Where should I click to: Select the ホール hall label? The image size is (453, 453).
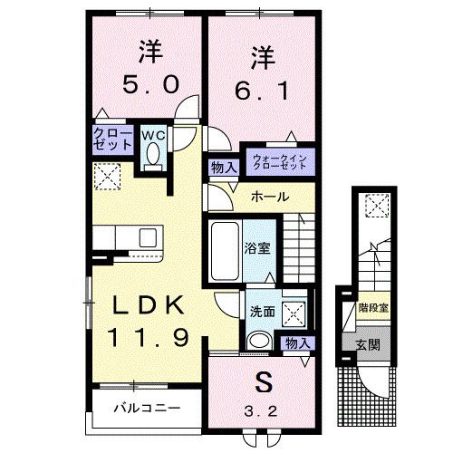pyautogui.click(x=270, y=197)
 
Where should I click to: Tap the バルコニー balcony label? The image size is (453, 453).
pyautogui.click(x=145, y=408)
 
